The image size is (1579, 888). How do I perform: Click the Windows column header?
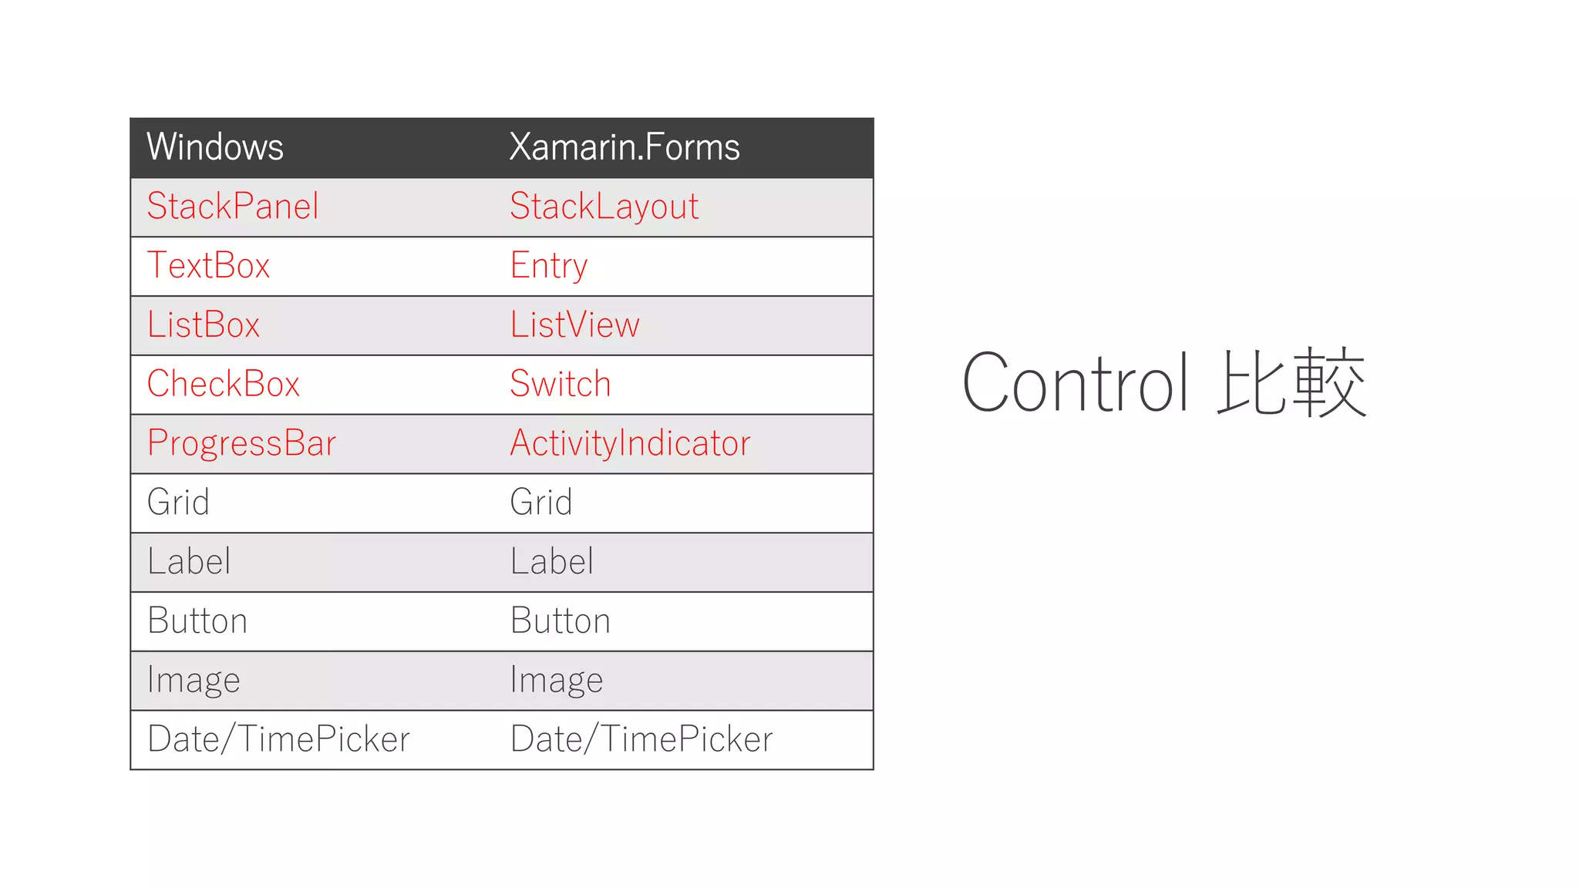coord(215,147)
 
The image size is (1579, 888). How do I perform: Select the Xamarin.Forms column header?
coord(624,147)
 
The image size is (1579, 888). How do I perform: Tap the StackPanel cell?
coord(233,207)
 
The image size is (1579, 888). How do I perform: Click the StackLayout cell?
coord(604,207)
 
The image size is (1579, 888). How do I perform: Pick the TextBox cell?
coord(209,266)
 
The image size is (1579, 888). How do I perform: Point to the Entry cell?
coord(548,266)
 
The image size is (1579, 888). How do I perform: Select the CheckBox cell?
coord(223,384)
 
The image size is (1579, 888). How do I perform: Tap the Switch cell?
coord(561,384)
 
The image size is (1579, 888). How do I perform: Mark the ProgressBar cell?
coord(241,443)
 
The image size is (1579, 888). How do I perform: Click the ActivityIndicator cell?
coord(630,443)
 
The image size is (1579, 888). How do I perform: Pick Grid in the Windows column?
coord(178,503)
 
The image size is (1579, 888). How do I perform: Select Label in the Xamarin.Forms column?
coord(552,562)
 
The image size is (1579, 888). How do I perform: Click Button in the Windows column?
coord(197,621)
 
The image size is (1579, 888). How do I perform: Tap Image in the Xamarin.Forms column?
coord(557,681)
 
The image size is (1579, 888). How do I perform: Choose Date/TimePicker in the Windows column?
coord(278,739)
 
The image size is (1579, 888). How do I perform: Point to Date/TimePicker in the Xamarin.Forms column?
coord(641,739)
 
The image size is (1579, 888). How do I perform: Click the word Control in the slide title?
coord(1075,383)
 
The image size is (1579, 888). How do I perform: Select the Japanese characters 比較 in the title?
coord(1291,383)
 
